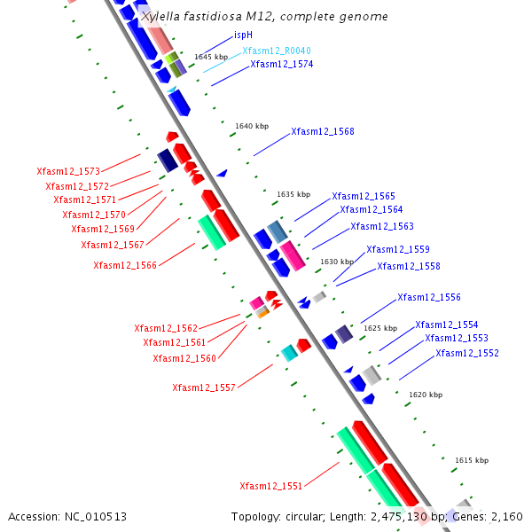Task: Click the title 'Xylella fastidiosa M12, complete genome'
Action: coord(264,17)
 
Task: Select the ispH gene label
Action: coord(244,35)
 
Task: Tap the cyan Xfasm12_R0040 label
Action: coord(276,51)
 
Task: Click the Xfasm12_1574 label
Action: coord(281,65)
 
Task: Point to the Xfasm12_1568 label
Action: coord(323,132)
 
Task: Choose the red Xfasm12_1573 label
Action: coord(68,171)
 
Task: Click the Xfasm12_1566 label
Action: coord(125,265)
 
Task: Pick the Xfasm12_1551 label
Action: coord(271,486)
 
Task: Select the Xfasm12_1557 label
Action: coord(204,387)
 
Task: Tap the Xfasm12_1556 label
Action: coord(429,298)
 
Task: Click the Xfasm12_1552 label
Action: coord(467,353)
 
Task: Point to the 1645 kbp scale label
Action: coord(211,57)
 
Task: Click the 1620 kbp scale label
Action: coord(426,394)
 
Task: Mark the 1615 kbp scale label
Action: coord(472,460)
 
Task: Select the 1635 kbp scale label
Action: coord(293,194)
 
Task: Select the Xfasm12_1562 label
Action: coord(166,328)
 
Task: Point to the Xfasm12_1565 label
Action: coord(364,197)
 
